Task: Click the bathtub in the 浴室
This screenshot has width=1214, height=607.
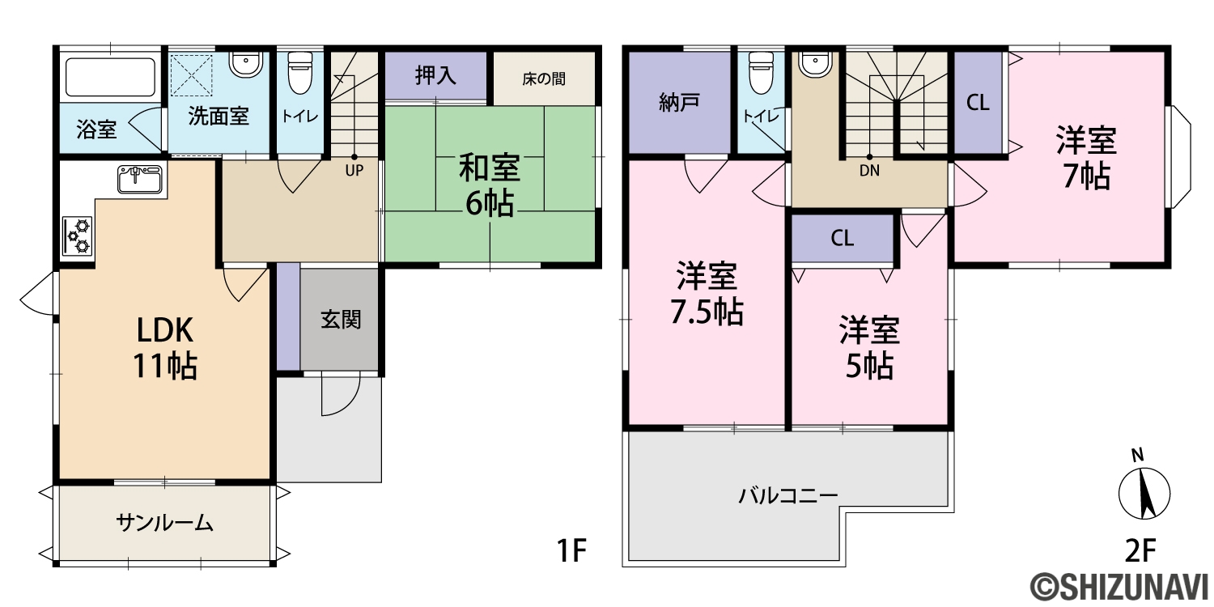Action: tap(110, 78)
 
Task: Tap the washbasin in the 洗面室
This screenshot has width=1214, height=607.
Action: tap(246, 64)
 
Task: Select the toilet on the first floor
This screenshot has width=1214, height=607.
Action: tap(299, 73)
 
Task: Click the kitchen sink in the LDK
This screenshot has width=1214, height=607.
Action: tap(140, 179)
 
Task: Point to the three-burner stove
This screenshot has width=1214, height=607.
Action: tap(78, 236)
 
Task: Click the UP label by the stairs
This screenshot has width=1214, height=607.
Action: tap(354, 171)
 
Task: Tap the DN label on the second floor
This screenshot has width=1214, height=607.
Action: tap(869, 171)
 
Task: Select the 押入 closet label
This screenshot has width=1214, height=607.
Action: tap(435, 76)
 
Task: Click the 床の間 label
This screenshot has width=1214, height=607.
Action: tap(544, 79)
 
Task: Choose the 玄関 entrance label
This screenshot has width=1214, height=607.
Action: tap(341, 320)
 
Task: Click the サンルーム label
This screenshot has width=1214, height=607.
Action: tap(165, 523)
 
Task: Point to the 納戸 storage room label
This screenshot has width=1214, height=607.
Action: tap(679, 102)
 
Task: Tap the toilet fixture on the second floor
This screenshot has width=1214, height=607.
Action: tap(761, 73)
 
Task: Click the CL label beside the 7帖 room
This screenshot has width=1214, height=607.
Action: tap(978, 103)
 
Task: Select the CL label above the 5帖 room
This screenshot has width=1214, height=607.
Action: tap(843, 238)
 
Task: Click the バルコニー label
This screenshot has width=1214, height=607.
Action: tap(788, 495)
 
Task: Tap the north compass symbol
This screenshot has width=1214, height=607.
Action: tap(1144, 490)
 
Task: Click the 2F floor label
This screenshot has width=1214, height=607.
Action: tap(1141, 551)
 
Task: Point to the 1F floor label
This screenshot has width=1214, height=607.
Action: tap(571, 551)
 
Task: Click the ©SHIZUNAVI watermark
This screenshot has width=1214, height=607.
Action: tap(1118, 588)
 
